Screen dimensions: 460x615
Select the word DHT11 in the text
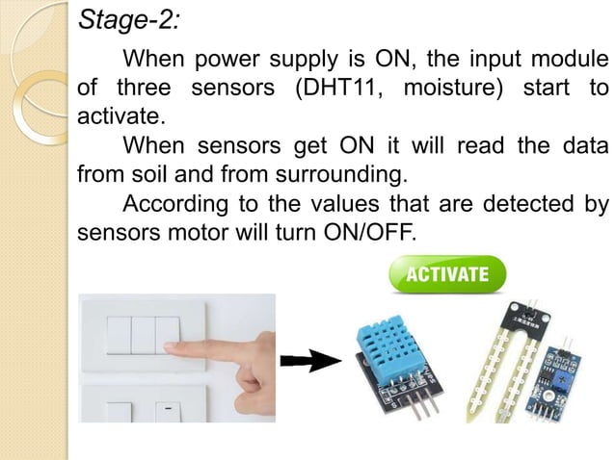[x=344, y=89]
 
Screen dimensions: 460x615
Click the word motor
[x=182, y=232]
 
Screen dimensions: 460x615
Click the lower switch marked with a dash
[x=167, y=410]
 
